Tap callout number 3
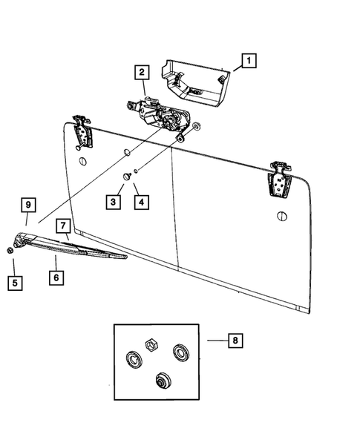[114, 200]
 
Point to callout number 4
[138, 200]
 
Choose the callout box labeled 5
[13, 282]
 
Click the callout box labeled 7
[64, 225]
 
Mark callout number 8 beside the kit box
[235, 340]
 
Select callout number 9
[27, 204]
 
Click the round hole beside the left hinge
[82, 161]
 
